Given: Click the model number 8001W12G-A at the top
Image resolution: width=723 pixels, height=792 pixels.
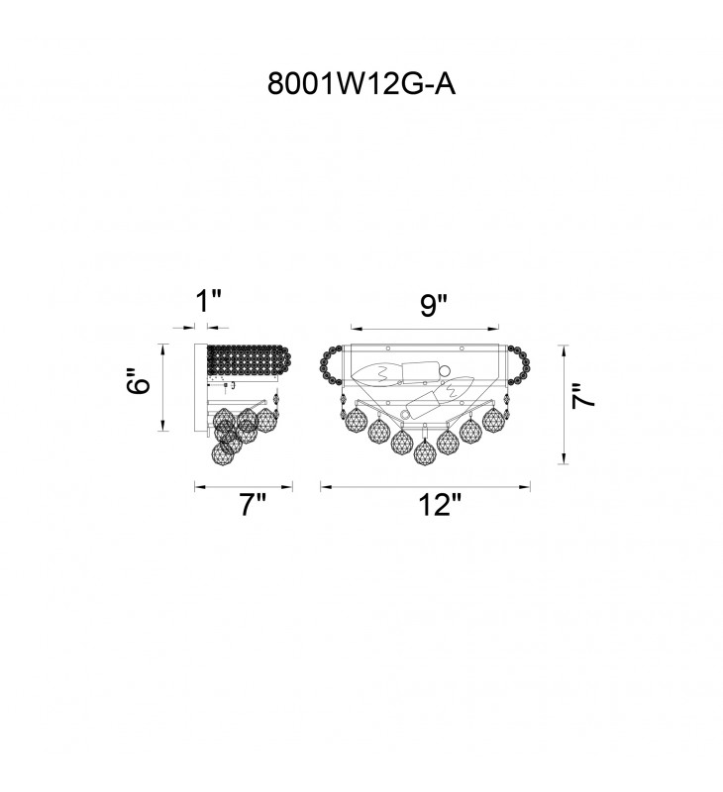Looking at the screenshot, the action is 361,84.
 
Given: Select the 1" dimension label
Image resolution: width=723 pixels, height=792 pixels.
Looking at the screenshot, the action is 209,302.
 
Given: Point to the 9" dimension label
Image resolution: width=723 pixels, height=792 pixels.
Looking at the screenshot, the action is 434,306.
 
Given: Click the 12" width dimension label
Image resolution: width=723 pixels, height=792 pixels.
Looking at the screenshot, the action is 440,505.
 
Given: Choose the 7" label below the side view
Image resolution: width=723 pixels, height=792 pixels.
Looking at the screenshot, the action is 253,505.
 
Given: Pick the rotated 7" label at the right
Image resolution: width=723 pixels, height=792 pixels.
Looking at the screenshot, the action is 583,396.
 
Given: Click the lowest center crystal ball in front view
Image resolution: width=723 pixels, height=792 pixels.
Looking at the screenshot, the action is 425,452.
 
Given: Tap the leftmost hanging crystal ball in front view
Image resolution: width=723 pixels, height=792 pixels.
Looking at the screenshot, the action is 357,421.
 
